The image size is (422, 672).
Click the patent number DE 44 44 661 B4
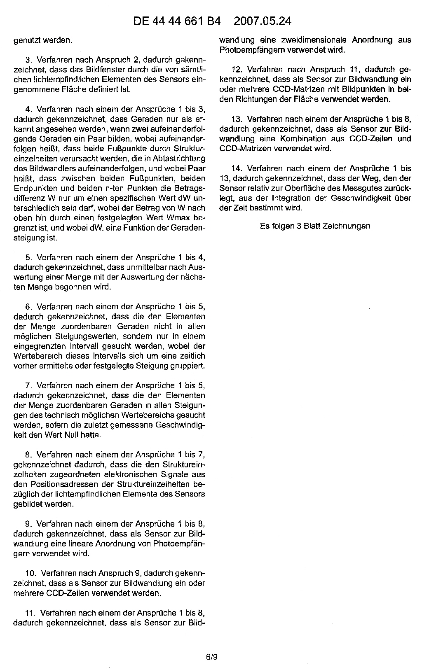(x=177, y=21)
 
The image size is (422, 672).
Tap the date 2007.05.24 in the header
(x=262, y=21)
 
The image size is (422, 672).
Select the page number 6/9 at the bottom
(x=211, y=657)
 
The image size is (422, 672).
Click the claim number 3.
(x=28, y=60)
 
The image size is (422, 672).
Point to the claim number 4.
(x=28, y=110)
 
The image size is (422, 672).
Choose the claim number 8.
(x=28, y=455)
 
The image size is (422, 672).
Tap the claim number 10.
(x=30, y=573)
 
